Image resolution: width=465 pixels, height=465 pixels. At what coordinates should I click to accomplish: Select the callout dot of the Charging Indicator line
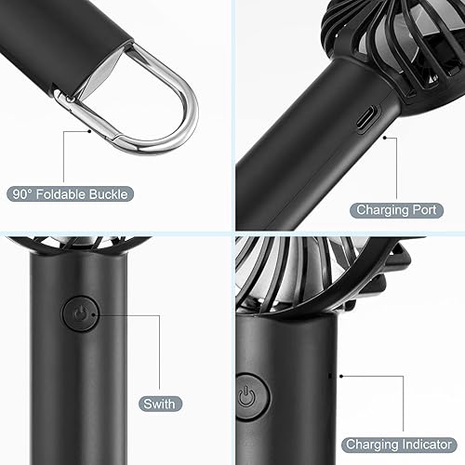point(343,377)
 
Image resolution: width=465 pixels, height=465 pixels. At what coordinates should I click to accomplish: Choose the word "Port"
point(425,210)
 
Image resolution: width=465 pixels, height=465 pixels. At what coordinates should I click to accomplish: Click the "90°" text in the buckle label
point(22,194)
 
